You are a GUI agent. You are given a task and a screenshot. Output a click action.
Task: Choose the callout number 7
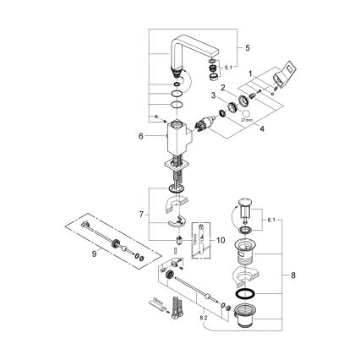292,275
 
